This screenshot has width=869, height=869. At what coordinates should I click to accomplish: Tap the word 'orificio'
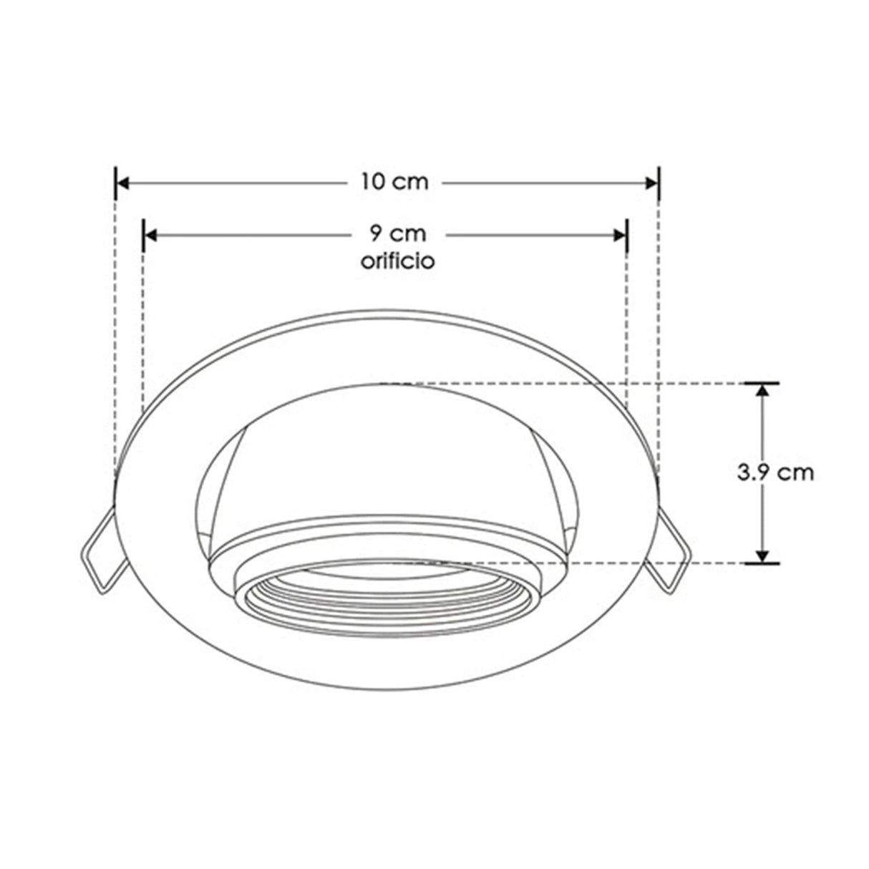coord(397,261)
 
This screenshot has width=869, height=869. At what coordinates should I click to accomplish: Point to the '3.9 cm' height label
coord(775,472)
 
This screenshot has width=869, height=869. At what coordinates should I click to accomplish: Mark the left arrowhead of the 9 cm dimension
coord(151,235)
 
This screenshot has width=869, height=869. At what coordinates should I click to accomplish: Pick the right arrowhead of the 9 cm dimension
coord(619,235)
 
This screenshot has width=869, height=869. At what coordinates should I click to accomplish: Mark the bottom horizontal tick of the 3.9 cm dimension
coord(762,563)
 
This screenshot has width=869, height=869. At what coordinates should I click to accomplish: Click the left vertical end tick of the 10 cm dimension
coord(115,183)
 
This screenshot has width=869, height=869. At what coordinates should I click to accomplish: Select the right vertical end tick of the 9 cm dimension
coord(627,235)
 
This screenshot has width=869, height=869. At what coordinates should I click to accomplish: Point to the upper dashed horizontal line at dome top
coord(573,383)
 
